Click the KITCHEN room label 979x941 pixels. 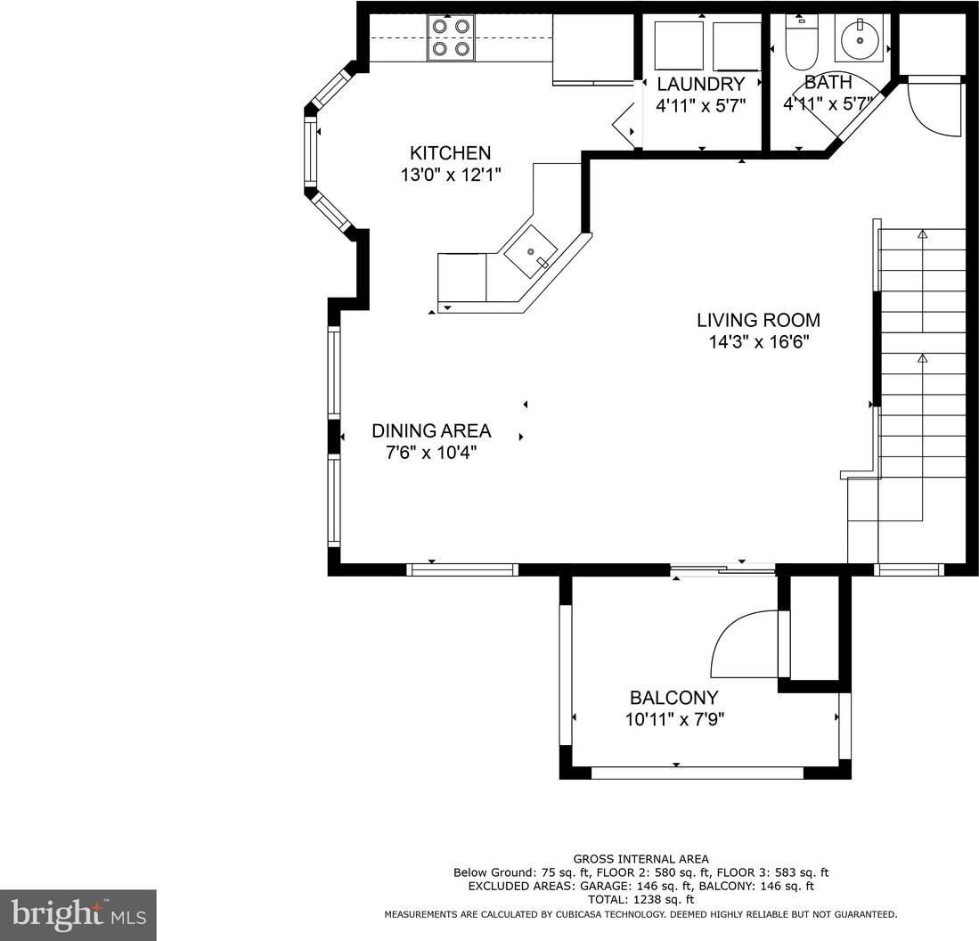pos(450,153)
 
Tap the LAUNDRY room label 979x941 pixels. pos(700,85)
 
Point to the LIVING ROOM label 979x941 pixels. pos(759,320)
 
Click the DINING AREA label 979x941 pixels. pos(431,431)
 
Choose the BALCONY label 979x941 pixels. pos(673,698)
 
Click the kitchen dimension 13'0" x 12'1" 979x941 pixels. pos(451,175)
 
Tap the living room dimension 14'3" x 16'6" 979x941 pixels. pos(759,342)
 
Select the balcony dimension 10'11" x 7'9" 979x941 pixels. pos(674,720)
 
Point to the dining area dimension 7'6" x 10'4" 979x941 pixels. pos(431,453)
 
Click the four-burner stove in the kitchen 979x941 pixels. pos(451,38)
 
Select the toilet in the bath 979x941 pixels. pos(801,43)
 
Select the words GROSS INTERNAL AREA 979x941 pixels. pos(640,859)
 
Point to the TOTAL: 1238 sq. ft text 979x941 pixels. pos(640,900)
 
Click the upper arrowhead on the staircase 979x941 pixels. pos(922,233)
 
